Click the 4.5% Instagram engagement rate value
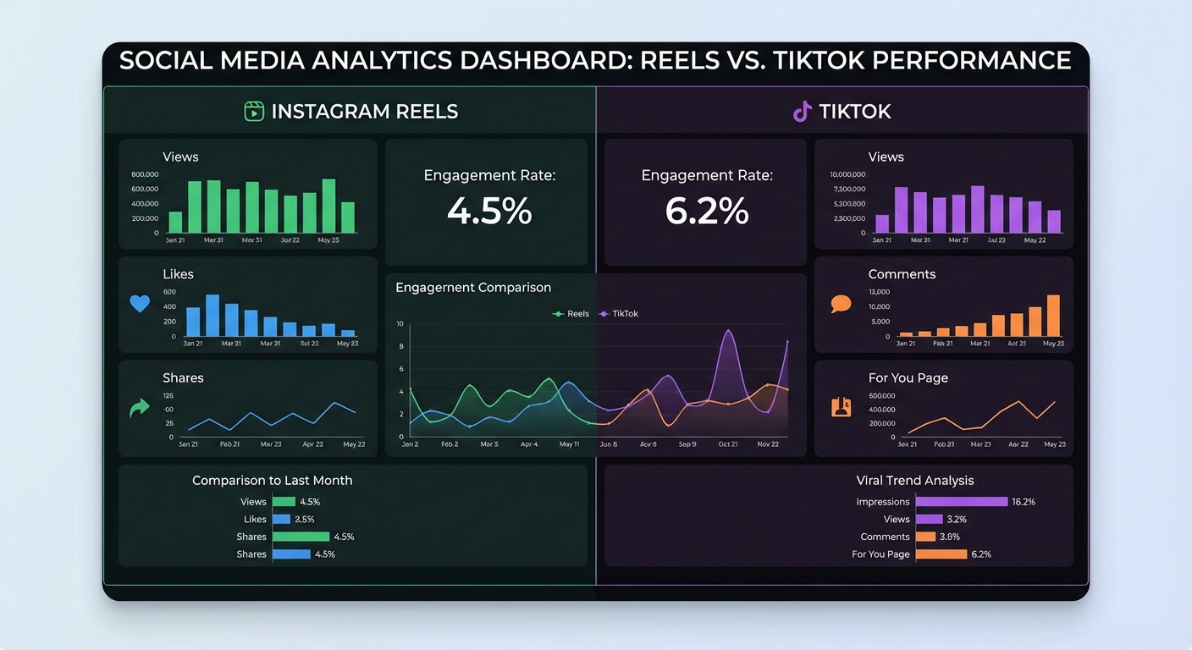pyautogui.click(x=489, y=211)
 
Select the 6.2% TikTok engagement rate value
pyautogui.click(x=707, y=211)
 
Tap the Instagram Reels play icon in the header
pyautogui.click(x=254, y=111)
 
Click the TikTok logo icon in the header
pyautogui.click(x=802, y=111)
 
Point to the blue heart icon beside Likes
pyautogui.click(x=140, y=303)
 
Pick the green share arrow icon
pyautogui.click(x=139, y=409)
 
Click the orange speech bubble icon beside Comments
pyautogui.click(x=841, y=304)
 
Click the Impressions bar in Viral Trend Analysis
pyautogui.click(x=961, y=502)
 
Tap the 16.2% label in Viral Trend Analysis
pyautogui.click(x=1024, y=502)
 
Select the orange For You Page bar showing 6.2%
pyautogui.click(x=941, y=554)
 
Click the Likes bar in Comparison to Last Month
pyautogui.click(x=281, y=520)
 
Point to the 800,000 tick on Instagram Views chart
pyautogui.click(x=145, y=174)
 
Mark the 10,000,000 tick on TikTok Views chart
pyautogui.click(x=848, y=174)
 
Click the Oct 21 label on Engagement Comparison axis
pyautogui.click(x=728, y=444)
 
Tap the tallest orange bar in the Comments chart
pyautogui.click(x=1053, y=316)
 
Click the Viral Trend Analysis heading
pyautogui.click(x=915, y=481)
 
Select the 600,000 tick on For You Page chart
pyautogui.click(x=882, y=396)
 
